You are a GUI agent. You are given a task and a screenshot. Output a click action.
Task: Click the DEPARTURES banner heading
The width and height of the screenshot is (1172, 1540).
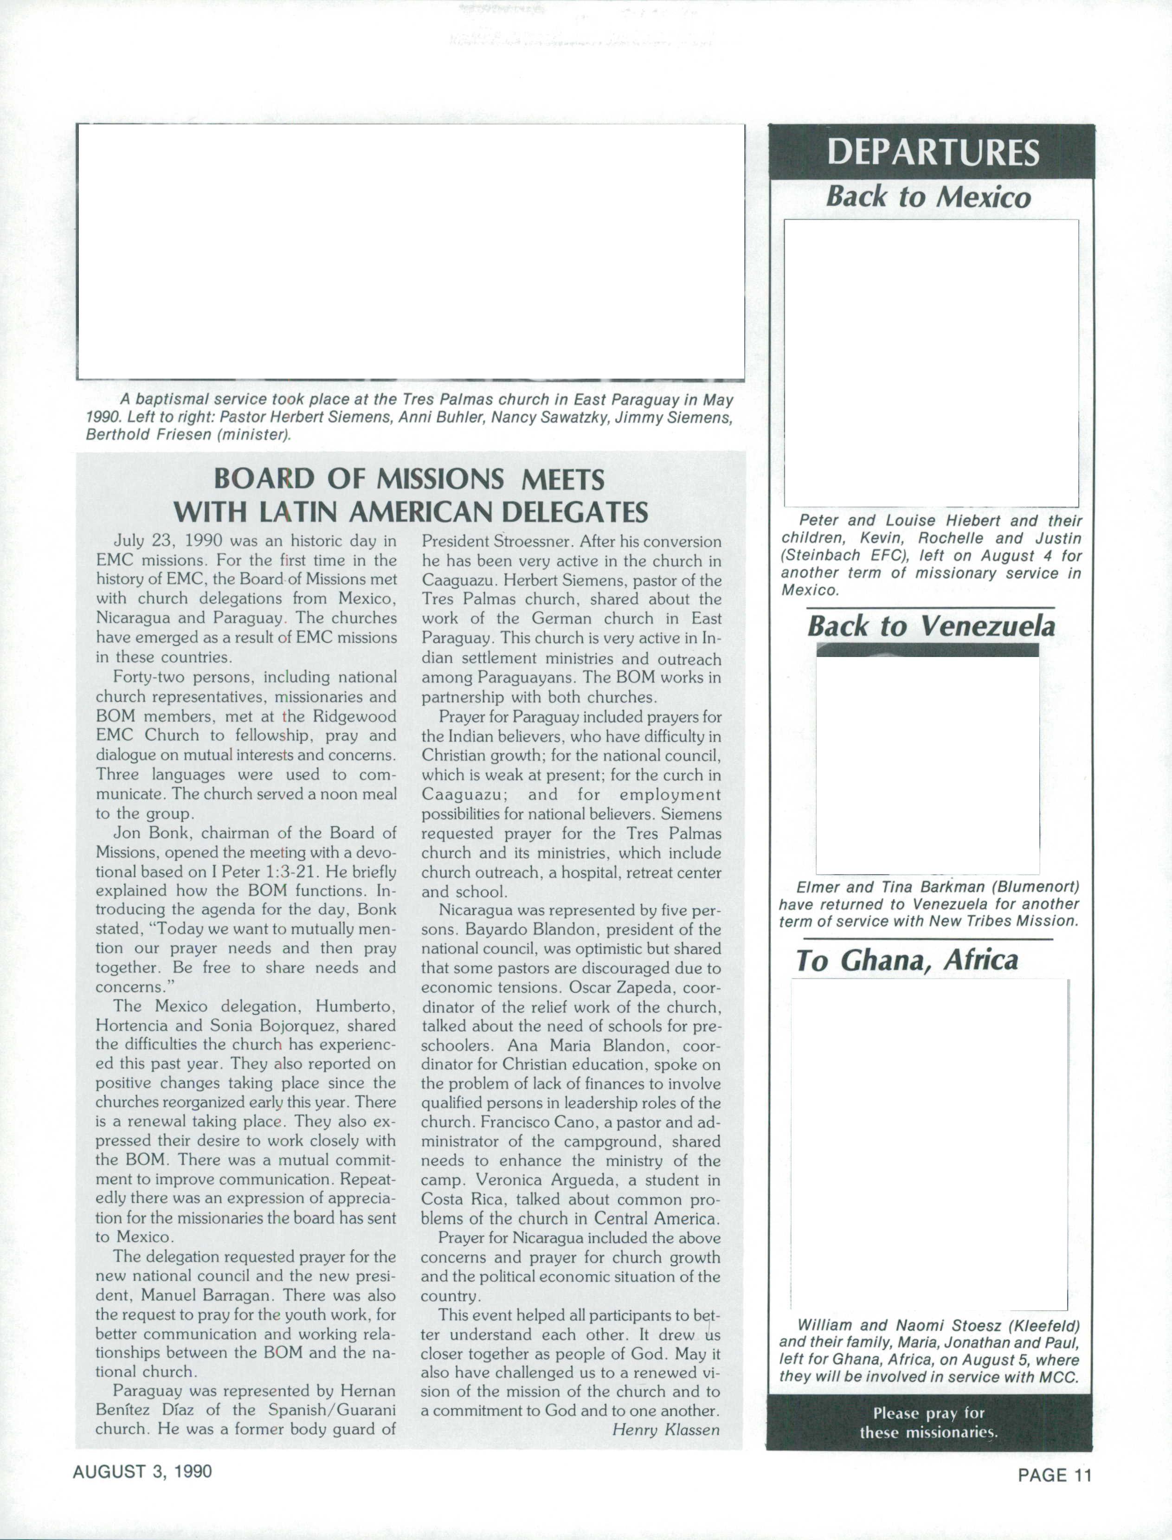(932, 152)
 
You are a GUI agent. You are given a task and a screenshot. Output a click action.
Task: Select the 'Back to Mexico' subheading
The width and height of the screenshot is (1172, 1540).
(928, 197)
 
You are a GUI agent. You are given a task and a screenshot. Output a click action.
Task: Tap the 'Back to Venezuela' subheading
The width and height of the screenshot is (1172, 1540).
(931, 625)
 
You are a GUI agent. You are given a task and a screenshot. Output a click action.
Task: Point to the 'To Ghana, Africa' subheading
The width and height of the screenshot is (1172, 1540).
(907, 960)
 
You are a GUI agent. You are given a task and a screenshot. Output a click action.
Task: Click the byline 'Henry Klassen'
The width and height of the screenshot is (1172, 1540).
(665, 1430)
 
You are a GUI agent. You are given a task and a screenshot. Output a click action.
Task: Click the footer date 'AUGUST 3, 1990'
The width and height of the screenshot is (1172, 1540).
(142, 1472)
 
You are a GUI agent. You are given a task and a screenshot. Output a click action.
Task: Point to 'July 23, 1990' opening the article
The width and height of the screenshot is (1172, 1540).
(167, 541)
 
